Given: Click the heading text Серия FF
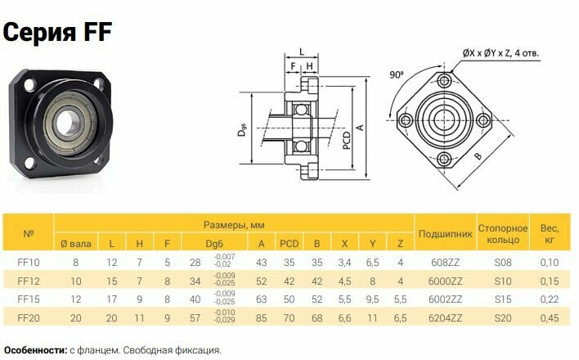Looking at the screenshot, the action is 57,32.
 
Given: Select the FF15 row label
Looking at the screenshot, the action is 29,299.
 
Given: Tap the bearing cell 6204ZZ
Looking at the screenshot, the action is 446,318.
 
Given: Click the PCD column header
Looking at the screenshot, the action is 289,244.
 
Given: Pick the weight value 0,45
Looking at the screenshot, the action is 550,318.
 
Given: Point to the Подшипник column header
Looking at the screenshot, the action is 446,234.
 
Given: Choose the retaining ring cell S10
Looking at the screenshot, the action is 503,281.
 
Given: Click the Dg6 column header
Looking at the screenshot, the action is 214,244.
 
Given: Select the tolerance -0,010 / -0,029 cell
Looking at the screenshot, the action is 225,317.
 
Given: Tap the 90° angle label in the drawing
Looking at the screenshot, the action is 397,75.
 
